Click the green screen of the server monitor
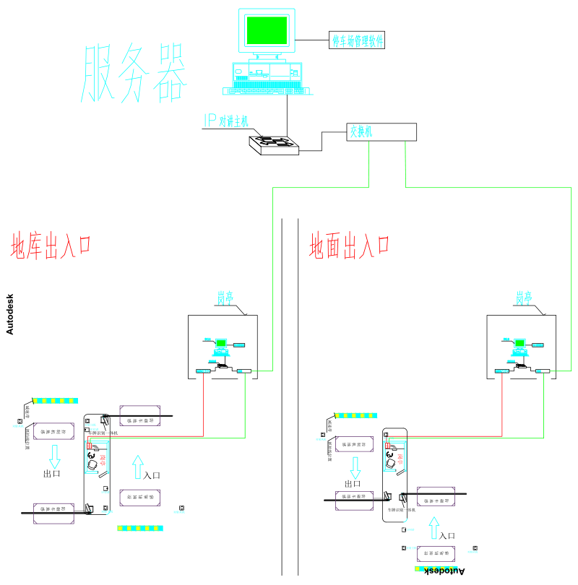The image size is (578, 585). click(x=267, y=30)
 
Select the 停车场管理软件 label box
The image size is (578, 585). click(x=356, y=40)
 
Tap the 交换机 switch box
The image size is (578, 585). click(x=381, y=132)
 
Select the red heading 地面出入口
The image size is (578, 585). click(x=350, y=246)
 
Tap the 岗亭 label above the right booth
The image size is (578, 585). click(x=524, y=297)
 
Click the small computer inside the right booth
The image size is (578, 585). click(x=519, y=345)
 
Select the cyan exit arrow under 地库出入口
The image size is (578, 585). click(x=54, y=456)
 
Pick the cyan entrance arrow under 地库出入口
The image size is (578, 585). click(x=139, y=467)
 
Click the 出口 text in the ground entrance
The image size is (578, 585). click(x=353, y=483)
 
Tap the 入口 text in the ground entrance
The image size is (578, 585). click(x=447, y=535)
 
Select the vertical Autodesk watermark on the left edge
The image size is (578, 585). click(x=9, y=314)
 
